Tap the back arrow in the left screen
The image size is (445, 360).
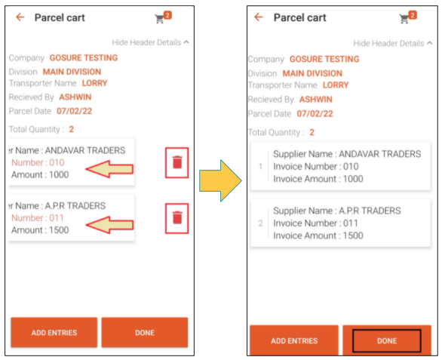(20, 17)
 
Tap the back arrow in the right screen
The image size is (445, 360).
(259, 17)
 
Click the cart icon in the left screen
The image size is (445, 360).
(159, 19)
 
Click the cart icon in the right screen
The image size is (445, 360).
(404, 19)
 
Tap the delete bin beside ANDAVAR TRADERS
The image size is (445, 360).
(177, 162)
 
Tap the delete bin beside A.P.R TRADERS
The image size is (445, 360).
(177, 218)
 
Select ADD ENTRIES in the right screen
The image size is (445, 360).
(294, 340)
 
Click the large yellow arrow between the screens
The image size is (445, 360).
(220, 180)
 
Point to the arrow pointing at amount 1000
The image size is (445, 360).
(109, 169)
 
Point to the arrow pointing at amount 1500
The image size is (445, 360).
(109, 225)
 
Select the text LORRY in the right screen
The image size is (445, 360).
(336, 85)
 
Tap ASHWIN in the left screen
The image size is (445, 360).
(75, 97)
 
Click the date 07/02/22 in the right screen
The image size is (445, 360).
(315, 113)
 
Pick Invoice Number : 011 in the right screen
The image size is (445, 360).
(315, 223)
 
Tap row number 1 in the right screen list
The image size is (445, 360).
(260, 166)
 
